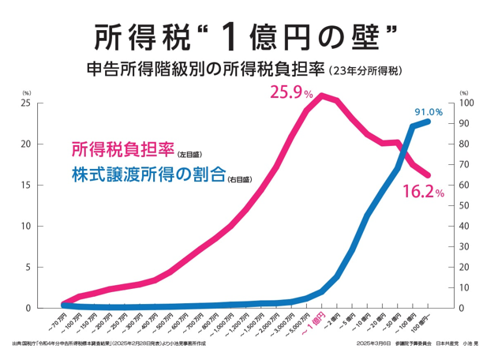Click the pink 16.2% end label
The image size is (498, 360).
424,191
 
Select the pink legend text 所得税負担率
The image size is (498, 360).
122,149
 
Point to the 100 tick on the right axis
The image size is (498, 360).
466,103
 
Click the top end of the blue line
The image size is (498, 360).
429,122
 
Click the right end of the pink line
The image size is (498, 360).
429,175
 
